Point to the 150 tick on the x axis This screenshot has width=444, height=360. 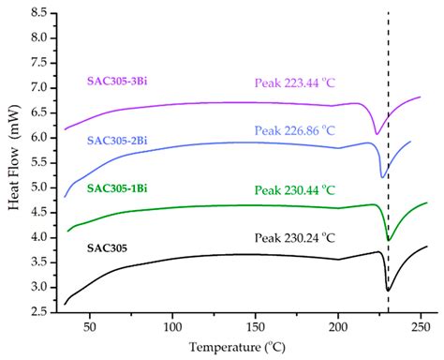255,326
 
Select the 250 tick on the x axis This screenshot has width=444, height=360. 421,326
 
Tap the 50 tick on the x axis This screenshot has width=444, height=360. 89,326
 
